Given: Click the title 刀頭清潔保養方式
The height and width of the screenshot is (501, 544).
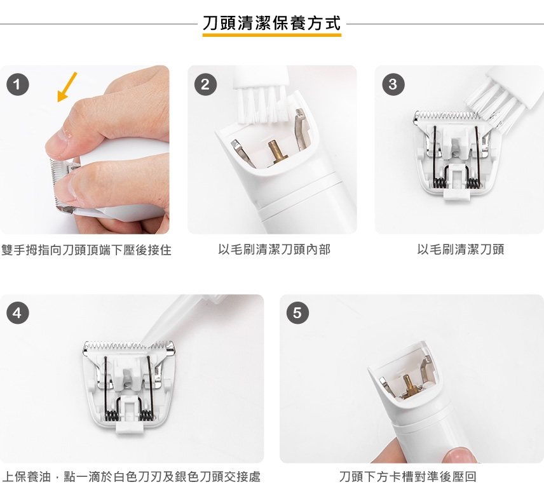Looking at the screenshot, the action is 271,23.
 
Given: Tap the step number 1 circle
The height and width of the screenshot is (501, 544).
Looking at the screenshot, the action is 17,84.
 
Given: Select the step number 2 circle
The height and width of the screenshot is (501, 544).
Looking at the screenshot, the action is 205,84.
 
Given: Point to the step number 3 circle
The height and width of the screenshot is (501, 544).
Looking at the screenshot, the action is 393,84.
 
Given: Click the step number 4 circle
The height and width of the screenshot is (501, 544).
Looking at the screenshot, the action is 17,313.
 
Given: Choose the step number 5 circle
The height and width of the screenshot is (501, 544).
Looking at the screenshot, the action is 297,313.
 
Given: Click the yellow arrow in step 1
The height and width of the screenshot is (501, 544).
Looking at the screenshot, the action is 67,88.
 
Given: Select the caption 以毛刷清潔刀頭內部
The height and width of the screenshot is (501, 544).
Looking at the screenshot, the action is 274,250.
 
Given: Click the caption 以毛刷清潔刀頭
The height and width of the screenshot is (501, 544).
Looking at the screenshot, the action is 460,250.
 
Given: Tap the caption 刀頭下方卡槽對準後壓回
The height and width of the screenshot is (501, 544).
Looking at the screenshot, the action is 407,477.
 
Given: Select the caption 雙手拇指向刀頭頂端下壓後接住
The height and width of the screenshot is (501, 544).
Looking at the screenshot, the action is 86,250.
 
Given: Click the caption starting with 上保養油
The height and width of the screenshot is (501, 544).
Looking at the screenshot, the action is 131,477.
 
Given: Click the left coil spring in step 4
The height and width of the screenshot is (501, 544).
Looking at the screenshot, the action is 111,415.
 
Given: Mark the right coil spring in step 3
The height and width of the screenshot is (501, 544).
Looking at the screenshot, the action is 473,183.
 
